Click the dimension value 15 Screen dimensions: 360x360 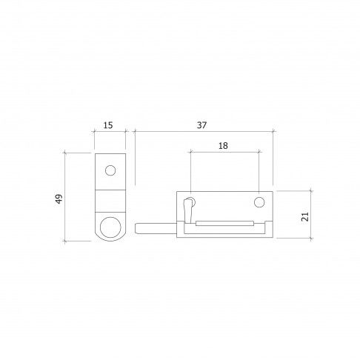pos(108,125)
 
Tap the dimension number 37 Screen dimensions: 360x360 pos(201,125)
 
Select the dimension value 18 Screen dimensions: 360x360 pos(223,146)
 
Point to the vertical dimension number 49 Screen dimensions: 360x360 pos(59,199)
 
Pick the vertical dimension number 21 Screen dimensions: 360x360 pos(305,216)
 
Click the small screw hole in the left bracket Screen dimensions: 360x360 pos(110,170)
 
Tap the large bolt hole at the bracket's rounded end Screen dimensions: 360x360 pos(110,227)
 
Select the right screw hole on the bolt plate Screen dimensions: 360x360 pos(259,202)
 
